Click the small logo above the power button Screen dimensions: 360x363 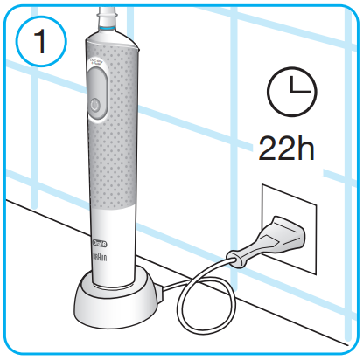tap(93, 65)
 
